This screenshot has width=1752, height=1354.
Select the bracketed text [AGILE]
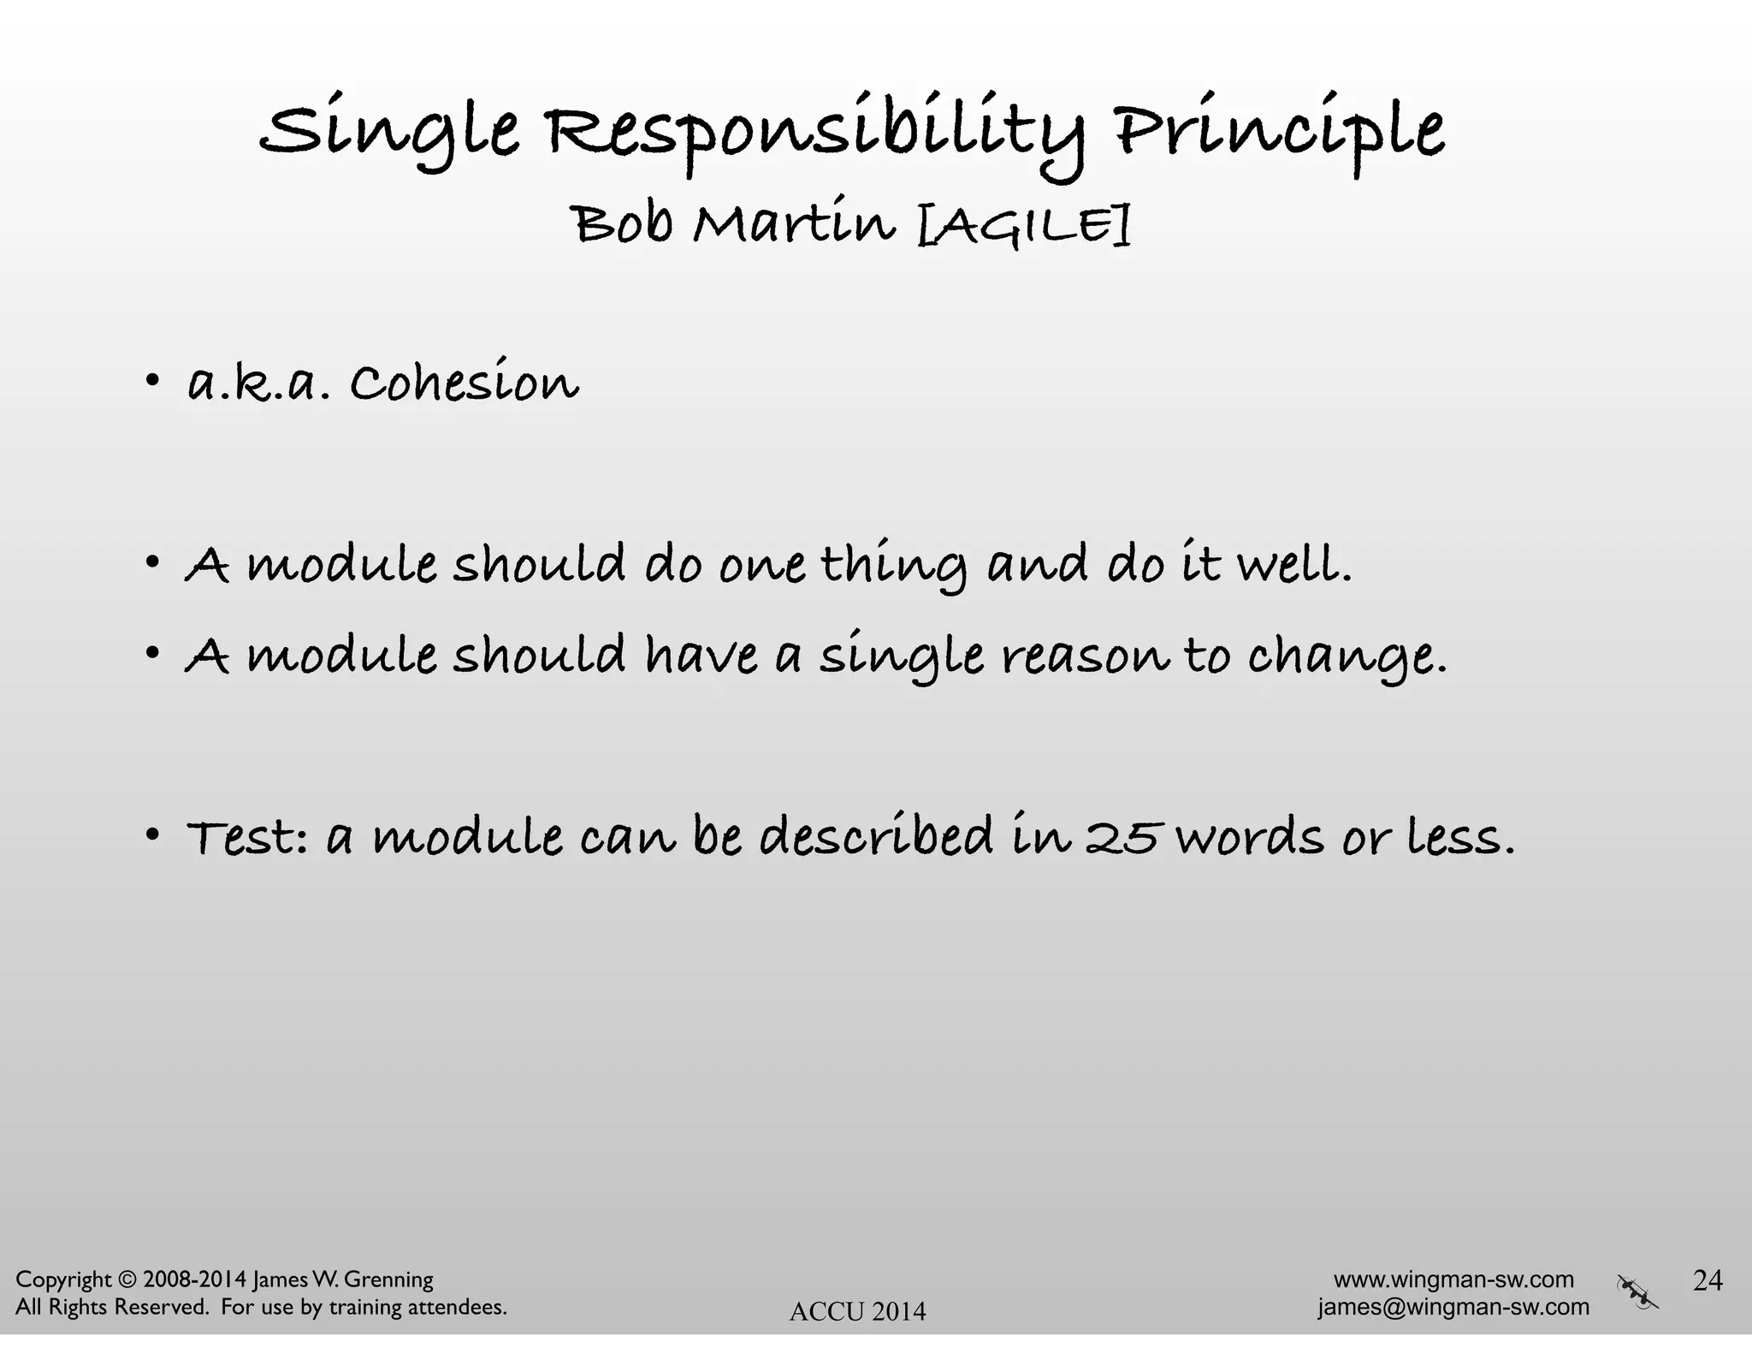click(1023, 224)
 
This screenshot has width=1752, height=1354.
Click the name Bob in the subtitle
click(623, 224)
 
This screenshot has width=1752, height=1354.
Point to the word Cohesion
click(464, 383)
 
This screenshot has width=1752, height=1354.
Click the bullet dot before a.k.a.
click(152, 380)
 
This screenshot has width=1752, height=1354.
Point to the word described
click(876, 836)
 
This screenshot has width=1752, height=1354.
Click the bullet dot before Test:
click(152, 834)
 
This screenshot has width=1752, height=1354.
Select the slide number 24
click(1708, 1280)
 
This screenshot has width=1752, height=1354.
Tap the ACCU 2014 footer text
click(857, 1311)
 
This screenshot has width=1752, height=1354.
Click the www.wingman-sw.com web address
click(1453, 1280)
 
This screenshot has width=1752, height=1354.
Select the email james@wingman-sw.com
click(1453, 1307)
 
